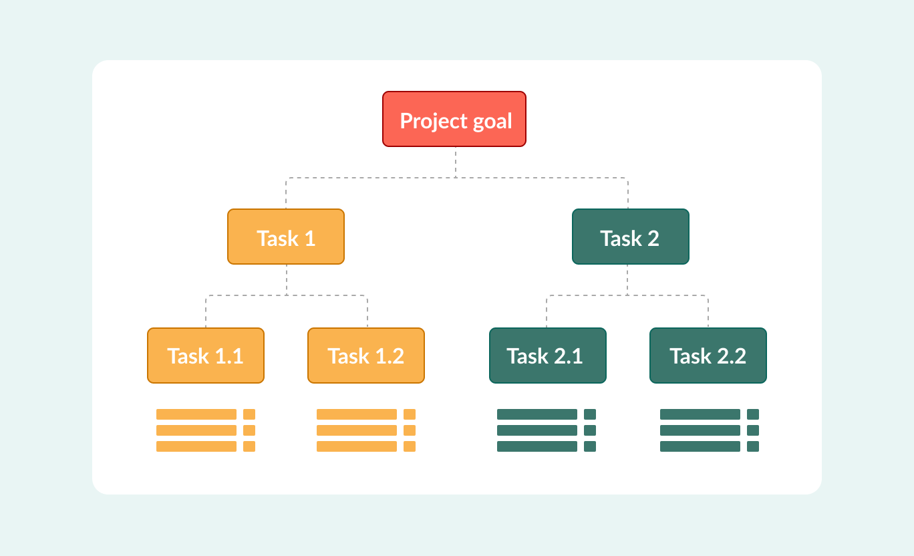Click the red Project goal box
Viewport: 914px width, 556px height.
pos(454,119)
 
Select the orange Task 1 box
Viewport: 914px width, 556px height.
pos(286,237)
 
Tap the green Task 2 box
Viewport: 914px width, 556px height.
pos(630,237)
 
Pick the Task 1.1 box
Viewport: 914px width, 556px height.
pos(206,356)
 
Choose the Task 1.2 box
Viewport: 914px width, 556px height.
pos(366,356)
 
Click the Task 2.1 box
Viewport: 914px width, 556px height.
pos(548,356)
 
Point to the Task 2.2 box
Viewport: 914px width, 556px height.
pos(708,356)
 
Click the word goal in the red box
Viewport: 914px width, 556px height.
pos(491,122)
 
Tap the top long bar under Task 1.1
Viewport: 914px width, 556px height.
pos(196,414)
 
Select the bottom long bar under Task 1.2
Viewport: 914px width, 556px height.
pos(357,446)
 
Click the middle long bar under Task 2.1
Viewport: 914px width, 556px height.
pos(537,430)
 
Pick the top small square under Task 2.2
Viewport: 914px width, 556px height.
pos(753,414)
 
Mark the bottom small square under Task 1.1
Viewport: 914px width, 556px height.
pos(249,446)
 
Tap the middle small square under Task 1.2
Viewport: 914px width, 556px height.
pos(410,430)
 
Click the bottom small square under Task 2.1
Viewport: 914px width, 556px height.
pos(590,446)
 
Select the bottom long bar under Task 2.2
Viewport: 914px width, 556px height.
pos(700,446)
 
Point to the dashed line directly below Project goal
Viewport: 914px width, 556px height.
pos(456,162)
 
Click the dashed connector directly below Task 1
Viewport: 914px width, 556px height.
pos(287,279)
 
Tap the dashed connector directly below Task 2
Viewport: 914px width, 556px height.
pos(627,279)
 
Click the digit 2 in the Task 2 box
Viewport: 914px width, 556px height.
pos(653,238)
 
